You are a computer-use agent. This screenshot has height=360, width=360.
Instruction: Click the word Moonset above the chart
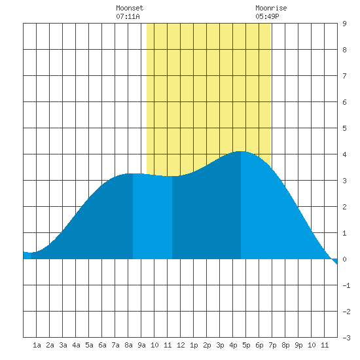click(130, 8)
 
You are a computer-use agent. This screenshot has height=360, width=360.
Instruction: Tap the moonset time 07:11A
click(128, 16)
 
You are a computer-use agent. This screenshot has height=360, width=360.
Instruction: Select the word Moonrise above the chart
click(271, 8)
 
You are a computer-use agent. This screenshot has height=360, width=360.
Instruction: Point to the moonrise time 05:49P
click(267, 16)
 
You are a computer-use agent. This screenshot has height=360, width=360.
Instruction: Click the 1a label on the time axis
click(37, 345)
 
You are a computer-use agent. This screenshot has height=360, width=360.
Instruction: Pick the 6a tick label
click(102, 345)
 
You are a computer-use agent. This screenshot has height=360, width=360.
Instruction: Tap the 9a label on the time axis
click(141, 345)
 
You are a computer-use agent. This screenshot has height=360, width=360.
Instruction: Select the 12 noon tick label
click(181, 345)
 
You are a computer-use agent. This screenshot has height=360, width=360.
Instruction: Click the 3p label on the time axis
click(220, 345)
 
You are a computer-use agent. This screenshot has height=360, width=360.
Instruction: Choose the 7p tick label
click(272, 345)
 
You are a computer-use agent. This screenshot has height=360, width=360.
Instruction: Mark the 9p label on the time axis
click(298, 345)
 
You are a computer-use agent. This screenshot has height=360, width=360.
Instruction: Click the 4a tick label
click(76, 345)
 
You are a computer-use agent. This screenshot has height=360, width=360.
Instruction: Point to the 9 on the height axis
click(344, 24)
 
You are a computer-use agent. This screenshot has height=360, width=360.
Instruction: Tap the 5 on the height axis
click(344, 128)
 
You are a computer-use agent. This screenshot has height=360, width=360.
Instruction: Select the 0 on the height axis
click(344, 259)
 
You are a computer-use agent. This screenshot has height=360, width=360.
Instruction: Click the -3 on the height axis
click(346, 338)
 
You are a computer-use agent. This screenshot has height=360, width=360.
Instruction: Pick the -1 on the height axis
click(346, 285)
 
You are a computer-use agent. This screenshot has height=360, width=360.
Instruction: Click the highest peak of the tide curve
click(240, 151)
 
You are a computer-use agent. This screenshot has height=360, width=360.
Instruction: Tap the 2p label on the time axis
click(207, 345)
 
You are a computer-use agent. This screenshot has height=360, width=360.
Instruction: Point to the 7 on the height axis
click(344, 76)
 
